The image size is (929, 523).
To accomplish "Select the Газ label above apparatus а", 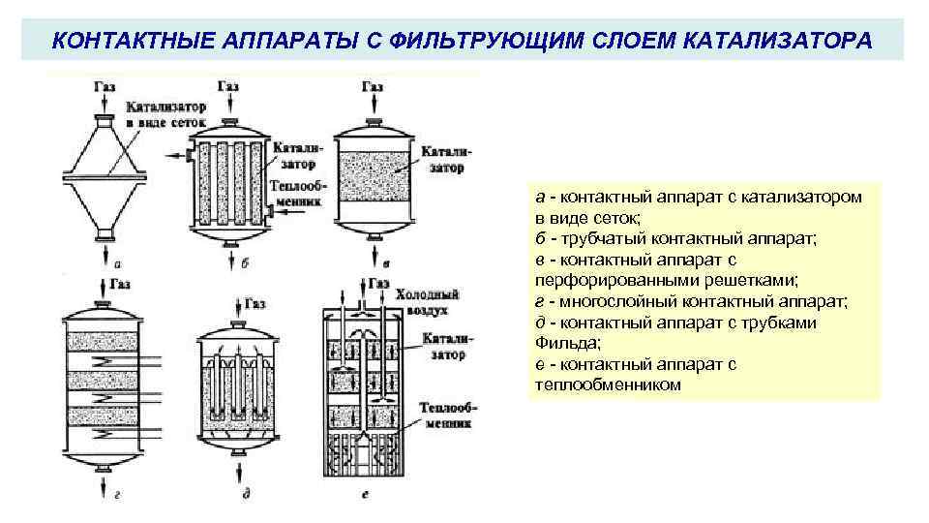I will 105,87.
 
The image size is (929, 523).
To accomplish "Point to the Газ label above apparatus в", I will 373,87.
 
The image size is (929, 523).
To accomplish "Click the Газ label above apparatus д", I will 255,303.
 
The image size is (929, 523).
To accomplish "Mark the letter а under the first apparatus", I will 117,262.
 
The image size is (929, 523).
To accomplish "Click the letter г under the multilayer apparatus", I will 116,495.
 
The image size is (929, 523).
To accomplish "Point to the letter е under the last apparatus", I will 363,495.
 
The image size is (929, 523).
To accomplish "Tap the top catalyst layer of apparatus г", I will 104,341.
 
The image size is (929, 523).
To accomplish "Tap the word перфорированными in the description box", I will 609,281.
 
